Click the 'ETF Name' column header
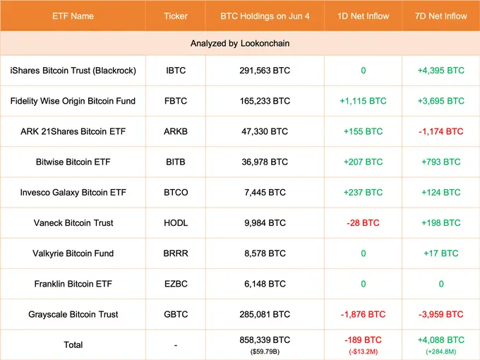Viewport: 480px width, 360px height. click(x=73, y=15)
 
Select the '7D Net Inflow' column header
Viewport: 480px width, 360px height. click(x=440, y=15)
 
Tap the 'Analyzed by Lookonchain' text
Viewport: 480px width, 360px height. click(x=240, y=43)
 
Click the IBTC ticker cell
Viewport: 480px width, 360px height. click(x=175, y=71)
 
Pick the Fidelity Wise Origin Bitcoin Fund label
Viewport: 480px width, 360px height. click(x=73, y=101)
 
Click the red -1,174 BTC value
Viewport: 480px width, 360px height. click(x=440, y=131)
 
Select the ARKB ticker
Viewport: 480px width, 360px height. click(x=175, y=131)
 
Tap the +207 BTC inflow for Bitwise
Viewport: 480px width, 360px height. click(x=363, y=162)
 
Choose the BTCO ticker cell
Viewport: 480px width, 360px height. click(x=175, y=192)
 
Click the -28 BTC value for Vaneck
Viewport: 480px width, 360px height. click(x=363, y=222)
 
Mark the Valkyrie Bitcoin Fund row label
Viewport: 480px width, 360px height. click(x=73, y=253)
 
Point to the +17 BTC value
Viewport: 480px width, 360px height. click(x=440, y=253)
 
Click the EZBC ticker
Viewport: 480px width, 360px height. click(x=175, y=284)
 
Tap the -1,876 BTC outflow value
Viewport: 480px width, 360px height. click(x=363, y=314)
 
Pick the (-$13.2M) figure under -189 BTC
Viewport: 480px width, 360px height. click(x=363, y=352)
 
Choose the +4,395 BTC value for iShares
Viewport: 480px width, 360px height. click(x=440, y=71)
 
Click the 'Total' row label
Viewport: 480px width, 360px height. click(x=73, y=344)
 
